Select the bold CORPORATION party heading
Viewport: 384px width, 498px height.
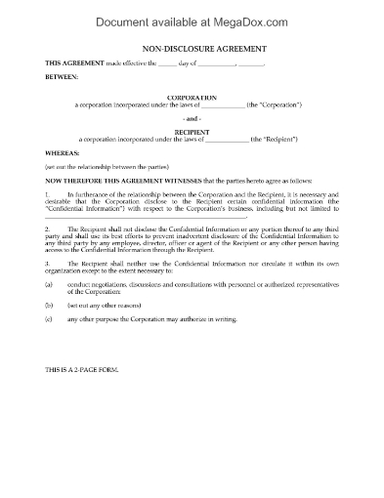pos(192,98)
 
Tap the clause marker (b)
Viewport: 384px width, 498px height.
pos(48,332)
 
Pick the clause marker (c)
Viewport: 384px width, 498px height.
pos(48,347)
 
